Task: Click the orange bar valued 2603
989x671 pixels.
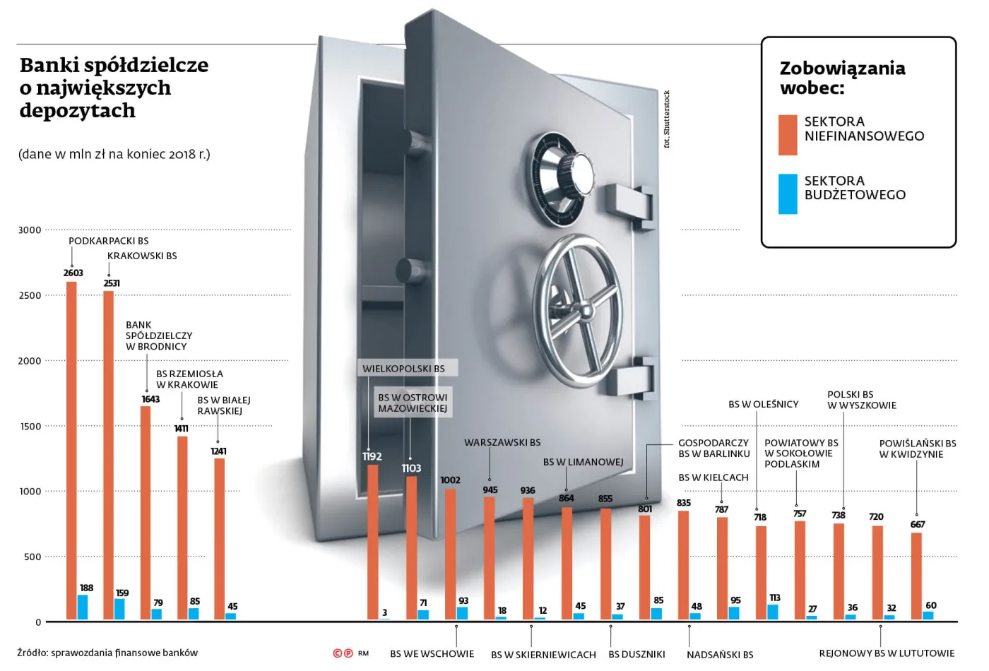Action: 71,451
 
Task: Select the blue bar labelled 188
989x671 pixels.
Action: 83,607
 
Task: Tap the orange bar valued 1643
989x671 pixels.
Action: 146,513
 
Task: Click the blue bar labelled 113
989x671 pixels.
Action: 773,612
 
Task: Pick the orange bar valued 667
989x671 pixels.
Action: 916,576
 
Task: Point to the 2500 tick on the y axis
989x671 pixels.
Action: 30,296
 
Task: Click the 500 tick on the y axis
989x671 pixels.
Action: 32,557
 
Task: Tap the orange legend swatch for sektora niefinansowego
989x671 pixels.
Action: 788,135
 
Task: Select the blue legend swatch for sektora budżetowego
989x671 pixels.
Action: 788,194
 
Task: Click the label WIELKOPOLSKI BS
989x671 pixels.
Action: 403,369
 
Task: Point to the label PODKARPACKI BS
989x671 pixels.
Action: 108,241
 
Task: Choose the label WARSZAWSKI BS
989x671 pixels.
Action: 502,443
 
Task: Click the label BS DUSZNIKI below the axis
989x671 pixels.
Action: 636,655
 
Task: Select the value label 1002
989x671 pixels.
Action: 450,480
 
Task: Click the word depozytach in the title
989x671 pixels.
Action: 77,111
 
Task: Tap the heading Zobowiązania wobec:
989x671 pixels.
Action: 841,78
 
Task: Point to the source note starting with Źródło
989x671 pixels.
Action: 107,653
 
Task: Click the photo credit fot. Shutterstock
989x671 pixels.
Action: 666,119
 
